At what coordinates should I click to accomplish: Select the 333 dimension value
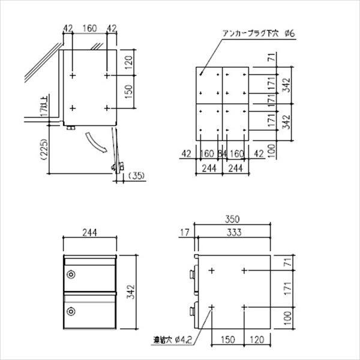tap(234, 231)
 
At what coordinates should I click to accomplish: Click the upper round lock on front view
tap(72, 275)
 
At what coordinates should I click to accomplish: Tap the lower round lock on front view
tap(72, 311)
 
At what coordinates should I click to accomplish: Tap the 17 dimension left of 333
tap(184, 231)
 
